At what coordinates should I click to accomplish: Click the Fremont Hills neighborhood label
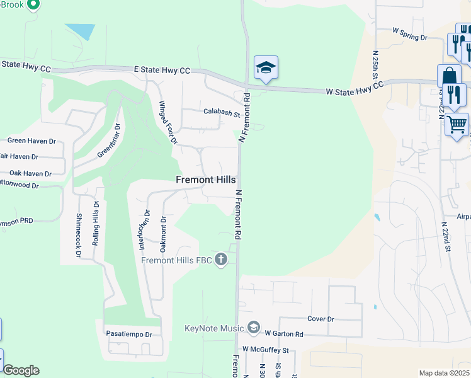pos(205,180)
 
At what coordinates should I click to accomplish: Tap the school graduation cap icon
pos(266,69)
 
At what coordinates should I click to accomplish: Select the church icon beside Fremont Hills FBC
pos(220,259)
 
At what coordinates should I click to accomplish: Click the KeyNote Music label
pos(214,328)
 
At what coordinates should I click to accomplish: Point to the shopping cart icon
pos(457,123)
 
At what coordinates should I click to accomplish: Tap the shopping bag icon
pos(450,76)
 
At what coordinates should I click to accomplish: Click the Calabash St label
pos(222,113)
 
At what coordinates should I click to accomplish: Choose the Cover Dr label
pos(321,319)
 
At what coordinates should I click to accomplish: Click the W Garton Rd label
pos(284,334)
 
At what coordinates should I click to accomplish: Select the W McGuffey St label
pos(265,350)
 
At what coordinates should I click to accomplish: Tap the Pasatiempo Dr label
pos(130,335)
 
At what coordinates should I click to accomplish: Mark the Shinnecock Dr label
pos(79,234)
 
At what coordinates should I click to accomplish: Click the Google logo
pos(21,371)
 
